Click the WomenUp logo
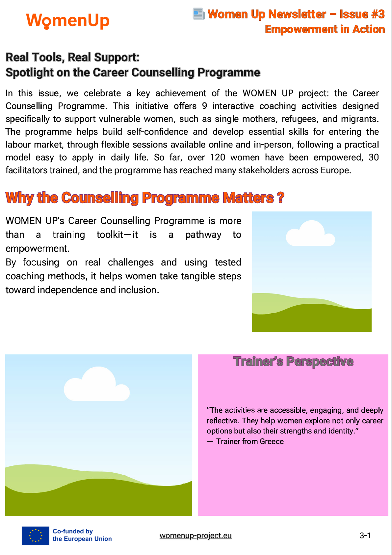pos(67,21)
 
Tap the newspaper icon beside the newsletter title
pos(198,14)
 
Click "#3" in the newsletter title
pos(376,14)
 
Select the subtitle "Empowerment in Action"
pos(325,29)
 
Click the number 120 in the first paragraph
pos(218,157)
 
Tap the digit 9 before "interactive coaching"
pos(204,106)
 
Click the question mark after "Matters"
pos(280,198)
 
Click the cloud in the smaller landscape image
pos(310,234)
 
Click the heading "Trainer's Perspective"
pos(293,361)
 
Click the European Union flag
pos(36,535)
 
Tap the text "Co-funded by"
pos(73,531)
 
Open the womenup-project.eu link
pos(196,536)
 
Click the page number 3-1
pos(365,536)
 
